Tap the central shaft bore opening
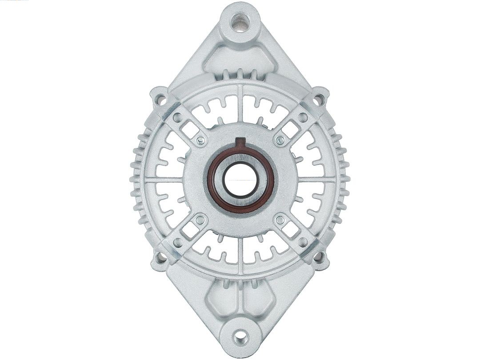(x=240, y=180)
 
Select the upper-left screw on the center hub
(x=200, y=141)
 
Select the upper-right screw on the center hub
(x=280, y=141)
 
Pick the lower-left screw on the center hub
(x=200, y=220)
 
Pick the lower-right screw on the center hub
(x=280, y=220)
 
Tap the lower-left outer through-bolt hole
(x=160, y=257)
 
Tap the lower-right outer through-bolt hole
(x=319, y=257)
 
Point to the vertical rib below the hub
(x=240, y=253)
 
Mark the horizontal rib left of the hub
(x=164, y=180)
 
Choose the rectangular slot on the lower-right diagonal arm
(x=291, y=230)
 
